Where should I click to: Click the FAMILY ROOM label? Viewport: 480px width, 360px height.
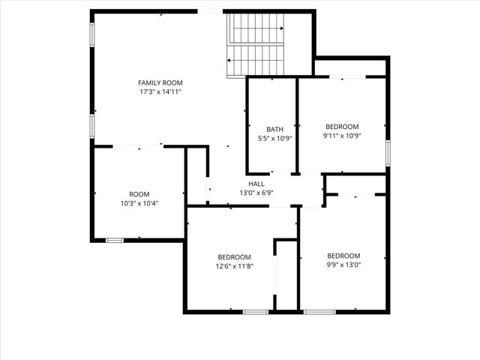(x=160, y=82)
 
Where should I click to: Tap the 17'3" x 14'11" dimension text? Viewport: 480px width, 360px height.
(x=160, y=91)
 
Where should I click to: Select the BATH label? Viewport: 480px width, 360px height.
(x=274, y=129)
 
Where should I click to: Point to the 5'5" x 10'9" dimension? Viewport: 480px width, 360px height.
(x=274, y=138)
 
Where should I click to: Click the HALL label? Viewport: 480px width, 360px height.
(x=256, y=184)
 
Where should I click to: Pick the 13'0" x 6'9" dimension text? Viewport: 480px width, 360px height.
(x=256, y=193)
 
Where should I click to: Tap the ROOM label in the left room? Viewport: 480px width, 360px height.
(x=139, y=194)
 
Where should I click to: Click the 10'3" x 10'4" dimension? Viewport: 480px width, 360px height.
(x=139, y=203)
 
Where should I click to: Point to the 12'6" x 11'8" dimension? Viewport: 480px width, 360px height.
(x=235, y=265)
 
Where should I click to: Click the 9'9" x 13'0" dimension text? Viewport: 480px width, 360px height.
(x=344, y=264)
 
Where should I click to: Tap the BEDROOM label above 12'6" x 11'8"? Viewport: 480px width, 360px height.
(x=235, y=256)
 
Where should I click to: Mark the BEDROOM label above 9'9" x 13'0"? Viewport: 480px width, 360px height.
(x=344, y=255)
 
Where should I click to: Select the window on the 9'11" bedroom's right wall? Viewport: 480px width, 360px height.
(x=388, y=152)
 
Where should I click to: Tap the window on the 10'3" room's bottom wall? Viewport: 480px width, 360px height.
(x=114, y=240)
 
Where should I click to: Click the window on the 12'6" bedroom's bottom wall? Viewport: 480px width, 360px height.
(x=255, y=311)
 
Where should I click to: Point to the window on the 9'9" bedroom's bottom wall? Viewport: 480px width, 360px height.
(x=319, y=311)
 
